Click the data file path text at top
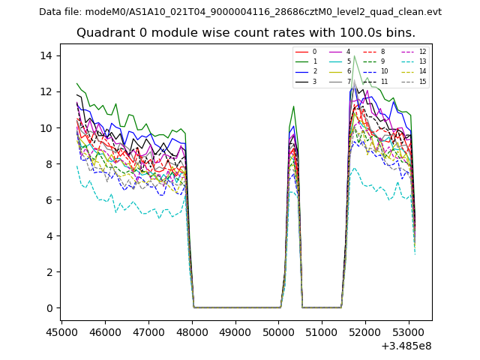(240, 12)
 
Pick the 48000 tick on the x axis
(192, 331)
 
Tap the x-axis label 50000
(279, 331)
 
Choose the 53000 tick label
(409, 331)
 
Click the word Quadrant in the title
(102, 33)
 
